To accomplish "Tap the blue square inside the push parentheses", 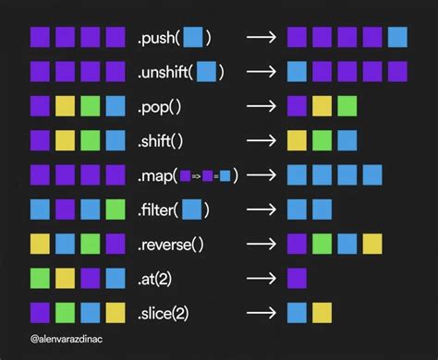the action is (192, 38).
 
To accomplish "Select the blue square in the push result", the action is (397, 38).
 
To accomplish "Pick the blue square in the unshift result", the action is (298, 72).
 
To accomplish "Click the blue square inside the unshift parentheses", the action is (207, 72).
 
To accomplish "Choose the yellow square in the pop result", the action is (322, 106).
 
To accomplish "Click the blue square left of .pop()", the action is (116, 106).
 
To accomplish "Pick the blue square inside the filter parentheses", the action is (192, 210).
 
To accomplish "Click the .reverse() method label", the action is (175, 244).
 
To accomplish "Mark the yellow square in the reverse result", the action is (372, 244).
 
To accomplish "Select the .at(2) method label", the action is (161, 278).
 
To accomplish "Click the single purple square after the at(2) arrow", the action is (298, 278).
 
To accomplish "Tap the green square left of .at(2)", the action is (41, 278).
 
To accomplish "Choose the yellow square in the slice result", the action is (322, 312).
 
